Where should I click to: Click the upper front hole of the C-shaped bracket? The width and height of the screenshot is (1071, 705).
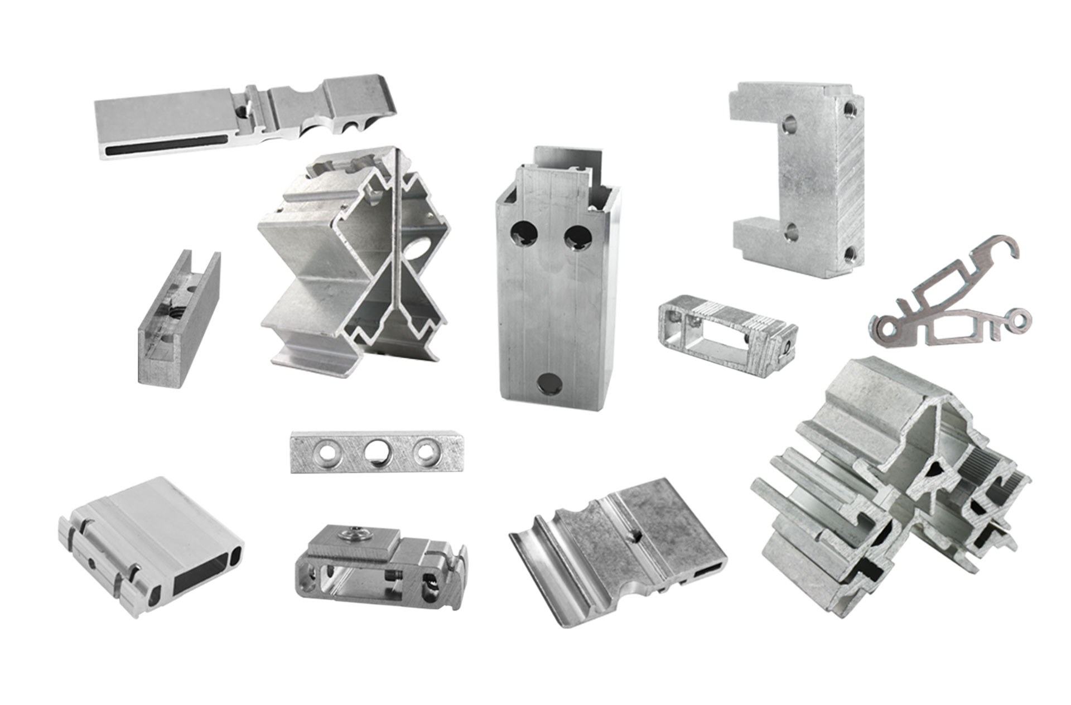pyautogui.click(x=789, y=124)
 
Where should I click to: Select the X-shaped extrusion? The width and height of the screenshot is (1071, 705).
pyautogui.click(x=357, y=257)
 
